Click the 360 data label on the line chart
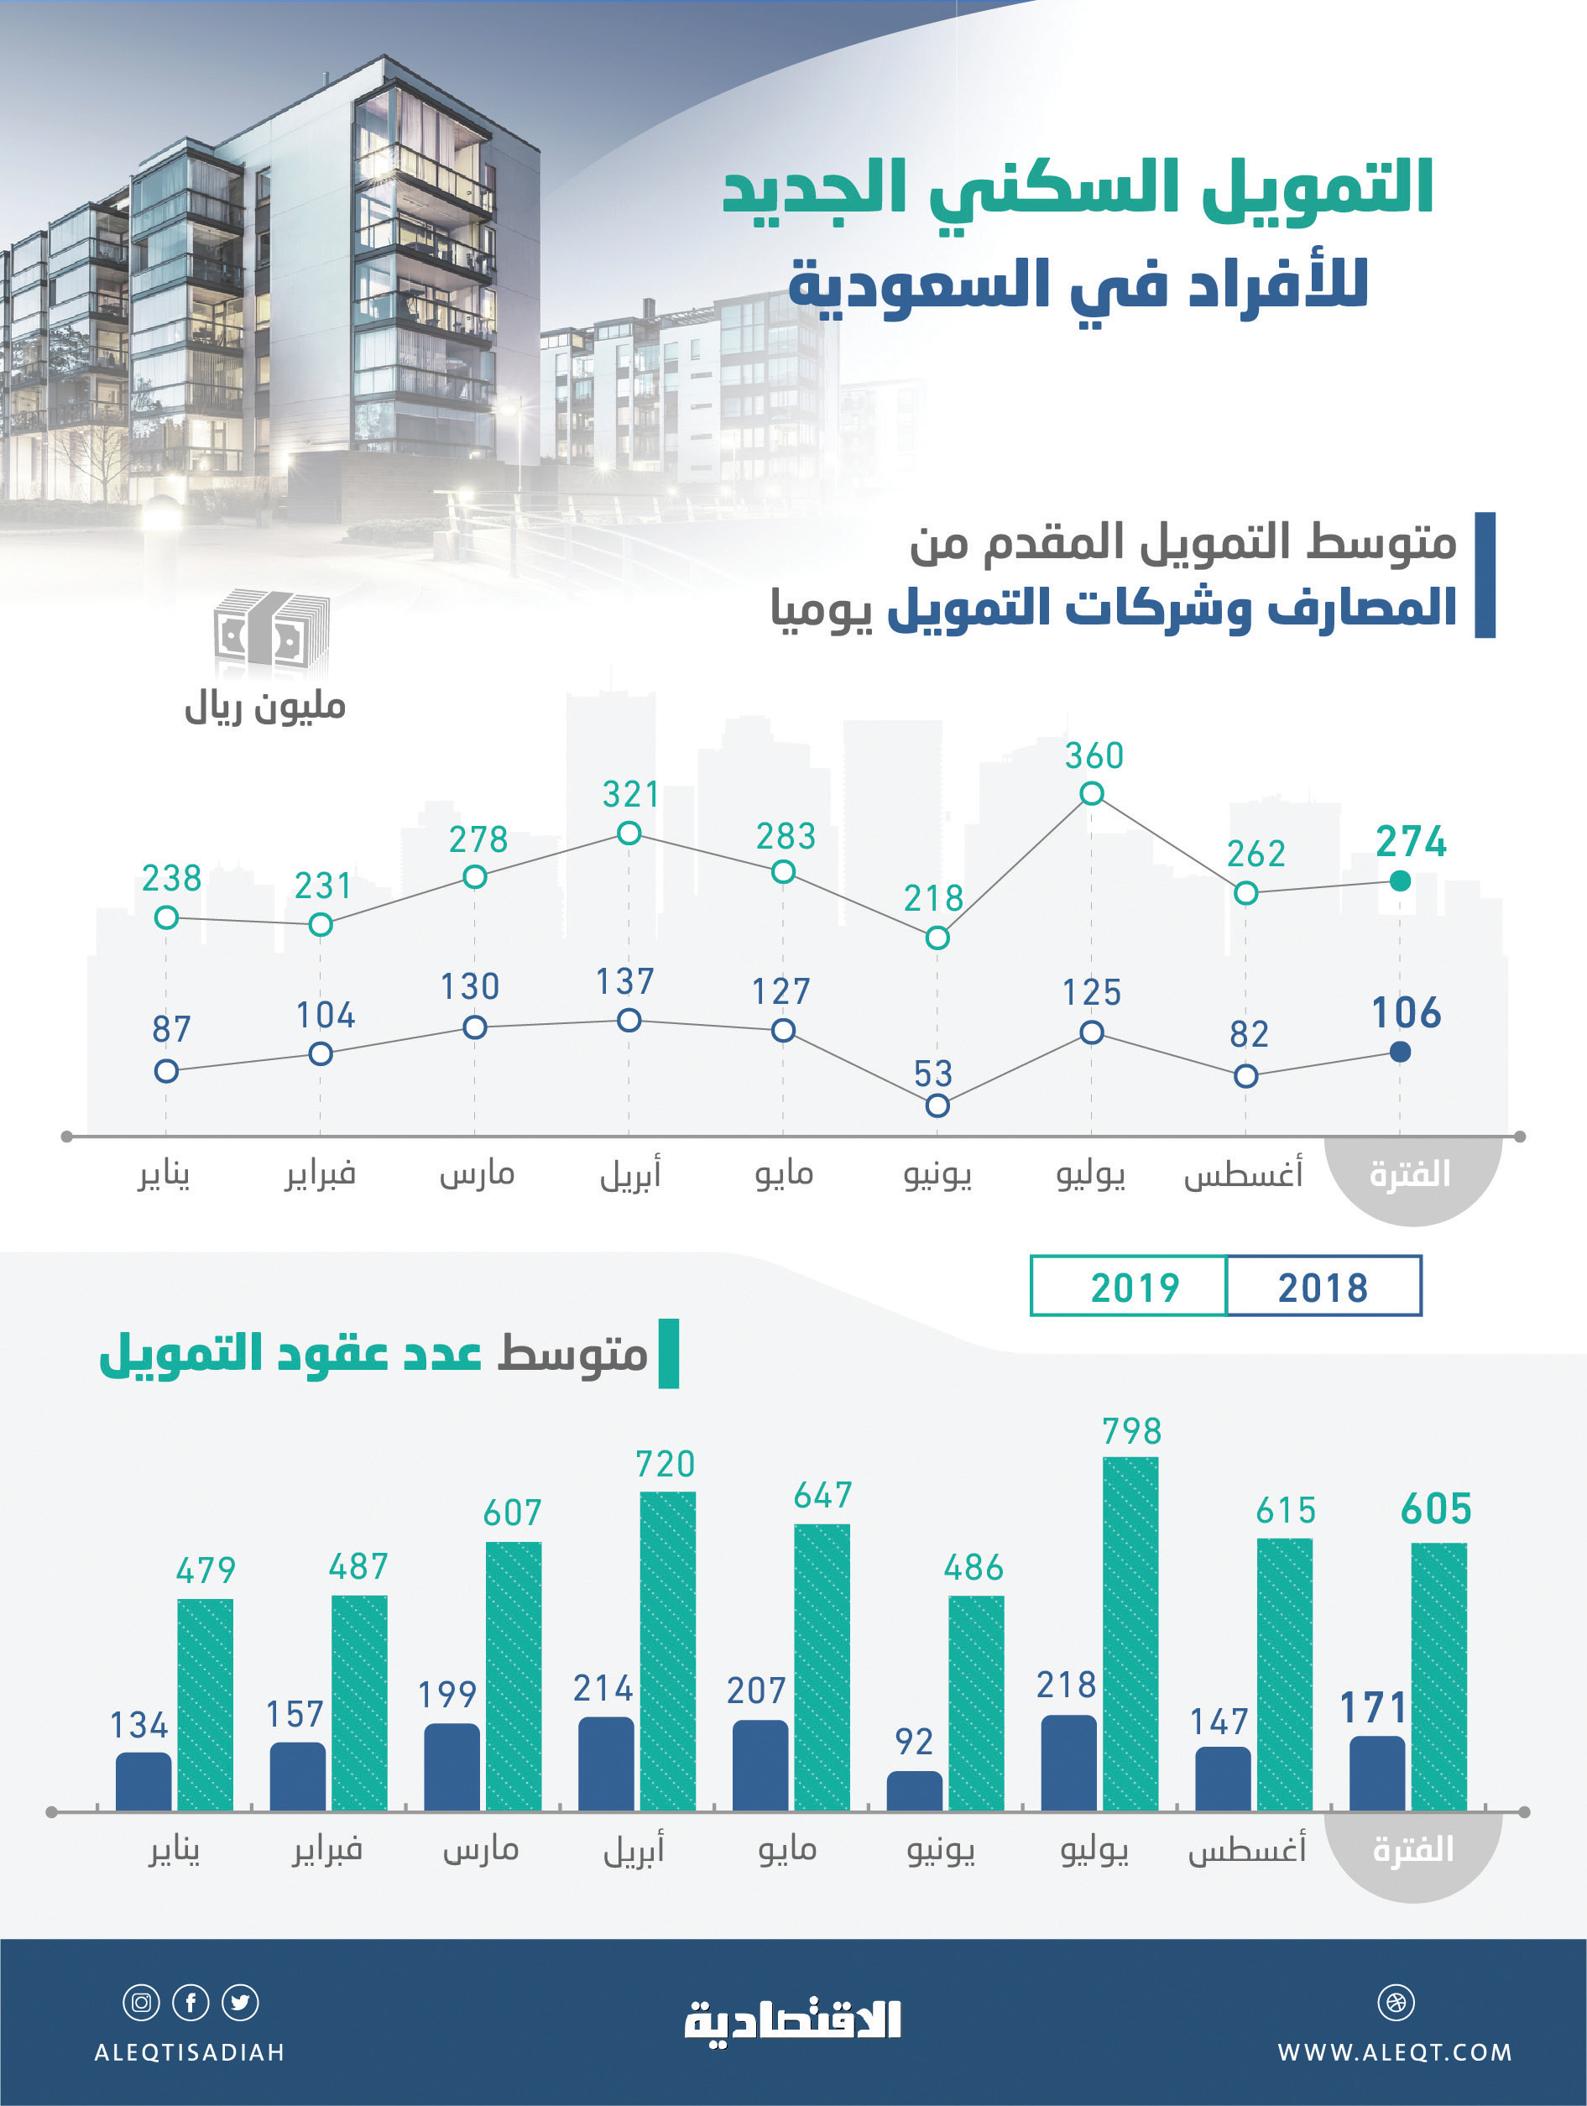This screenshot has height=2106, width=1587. coord(1094,756)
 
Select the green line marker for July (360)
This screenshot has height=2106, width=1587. coord(1092,793)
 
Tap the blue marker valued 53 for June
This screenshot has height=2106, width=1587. coord(937,1105)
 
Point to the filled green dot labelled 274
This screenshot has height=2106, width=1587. coord(1400,881)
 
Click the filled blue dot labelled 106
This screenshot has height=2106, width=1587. coord(1400,1052)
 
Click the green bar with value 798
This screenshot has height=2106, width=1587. coord(1130,1633)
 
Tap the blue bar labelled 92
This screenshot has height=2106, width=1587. coord(914,1791)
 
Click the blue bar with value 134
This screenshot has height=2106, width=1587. coord(144,1781)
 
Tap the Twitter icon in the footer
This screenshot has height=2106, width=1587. coord(240,2002)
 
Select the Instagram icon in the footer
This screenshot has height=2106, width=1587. coord(141,2002)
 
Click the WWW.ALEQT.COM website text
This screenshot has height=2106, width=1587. coord(1395,2051)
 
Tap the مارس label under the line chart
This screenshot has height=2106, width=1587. coord(477,1174)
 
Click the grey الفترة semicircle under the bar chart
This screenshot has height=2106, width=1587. coord(1412,1852)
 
